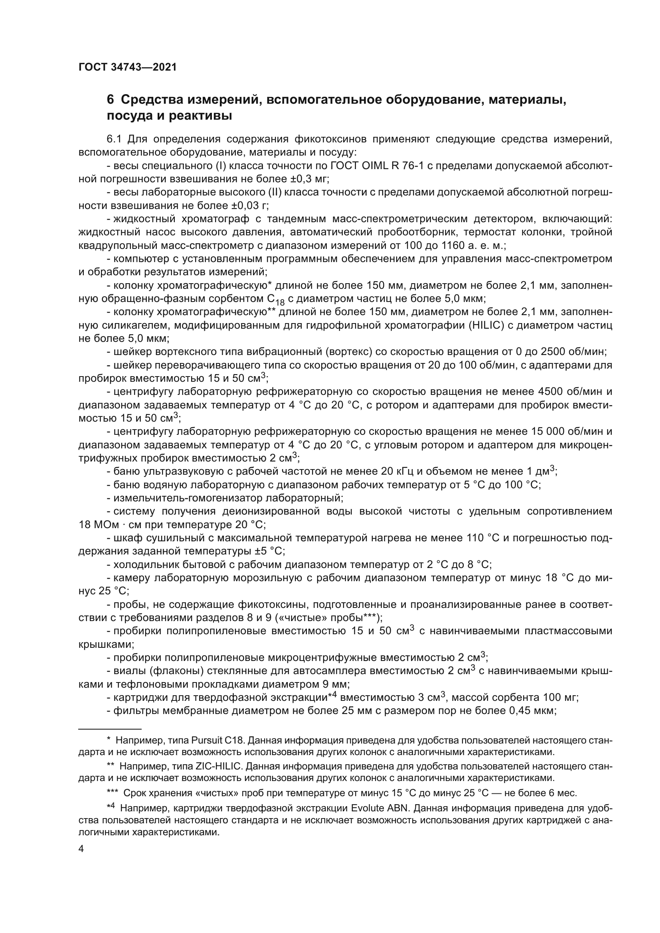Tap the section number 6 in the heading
tap(110, 99)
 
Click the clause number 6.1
tap(114, 139)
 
